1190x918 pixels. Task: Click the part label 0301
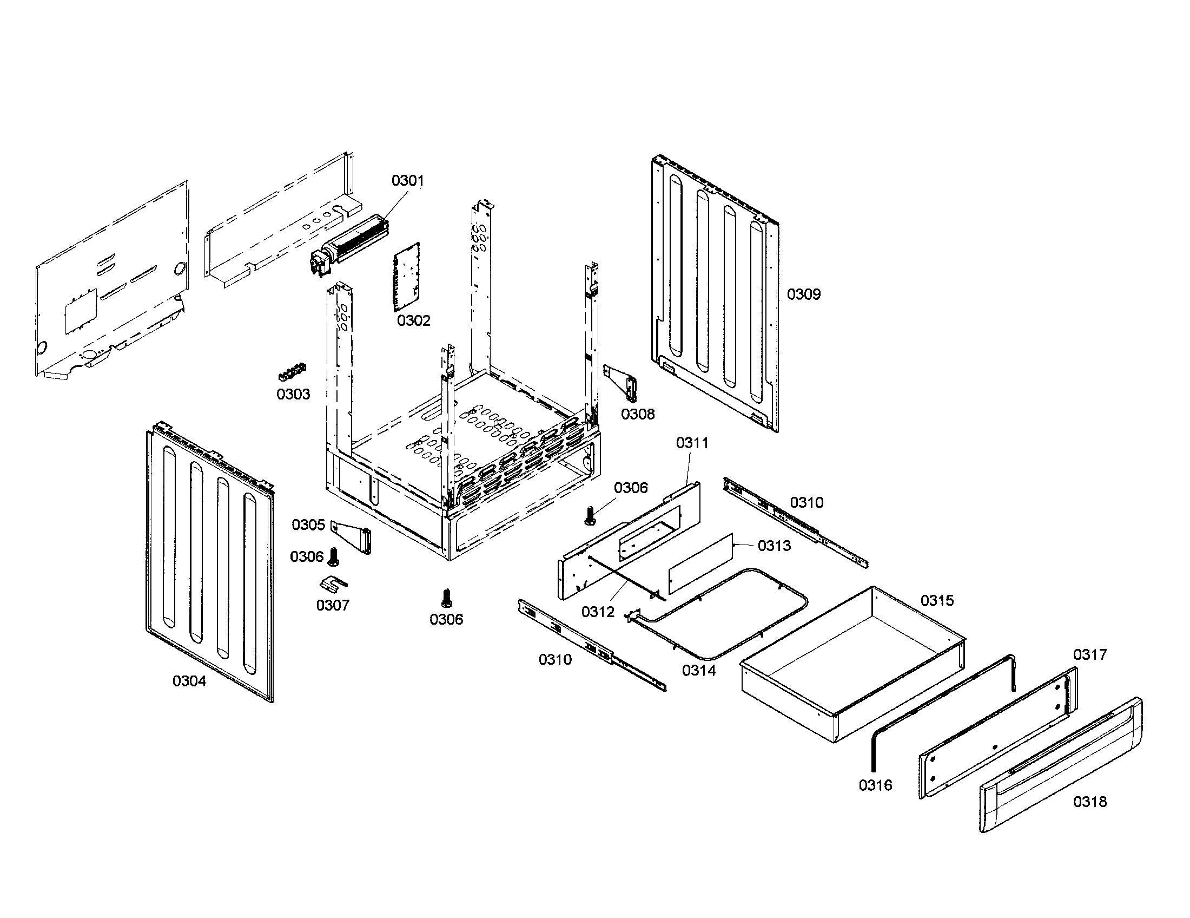click(x=407, y=180)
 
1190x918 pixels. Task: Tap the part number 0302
click(x=414, y=320)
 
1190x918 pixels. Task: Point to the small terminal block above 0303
click(x=292, y=373)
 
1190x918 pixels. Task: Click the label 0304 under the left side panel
click(x=189, y=681)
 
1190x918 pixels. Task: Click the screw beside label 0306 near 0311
click(x=589, y=516)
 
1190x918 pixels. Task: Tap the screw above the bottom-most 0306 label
click(x=446, y=598)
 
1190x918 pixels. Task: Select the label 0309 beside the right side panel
click(x=803, y=294)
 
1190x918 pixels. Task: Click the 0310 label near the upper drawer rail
click(x=806, y=503)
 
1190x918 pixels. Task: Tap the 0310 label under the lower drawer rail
click(x=555, y=660)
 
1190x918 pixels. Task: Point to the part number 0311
click(x=692, y=443)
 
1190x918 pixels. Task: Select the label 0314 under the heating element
click(x=698, y=671)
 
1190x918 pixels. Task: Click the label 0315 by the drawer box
click(x=937, y=601)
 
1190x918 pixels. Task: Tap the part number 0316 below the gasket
click(x=876, y=785)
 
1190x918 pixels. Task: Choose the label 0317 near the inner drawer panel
click(x=1090, y=655)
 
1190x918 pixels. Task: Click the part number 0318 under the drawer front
click(x=1090, y=802)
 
